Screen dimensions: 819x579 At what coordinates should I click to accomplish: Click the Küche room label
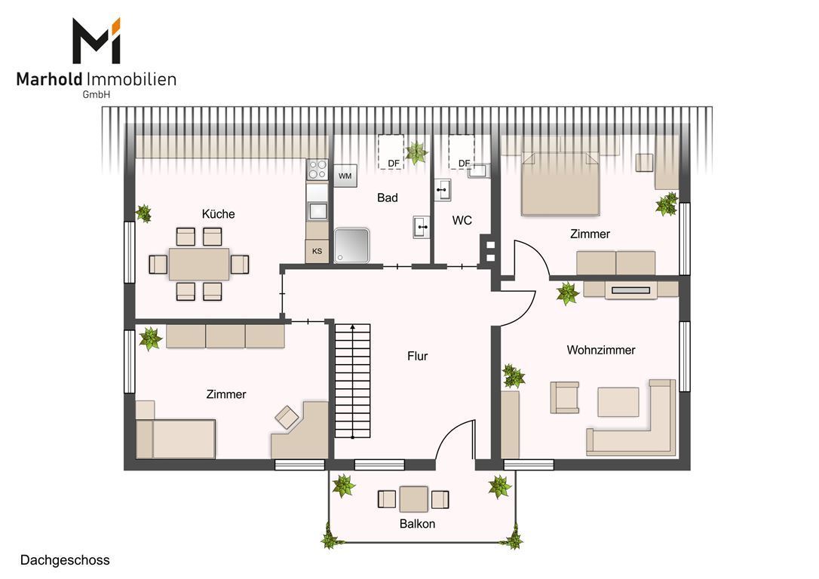[219, 214]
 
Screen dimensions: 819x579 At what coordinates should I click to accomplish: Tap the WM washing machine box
[345, 176]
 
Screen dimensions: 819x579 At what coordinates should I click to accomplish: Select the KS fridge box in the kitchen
[317, 251]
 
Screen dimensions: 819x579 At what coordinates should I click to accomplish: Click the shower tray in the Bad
[352, 245]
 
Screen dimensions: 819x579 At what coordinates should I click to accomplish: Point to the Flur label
[417, 356]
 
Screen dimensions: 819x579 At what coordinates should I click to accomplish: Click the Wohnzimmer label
[600, 351]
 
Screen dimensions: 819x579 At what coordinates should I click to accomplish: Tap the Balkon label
[417, 524]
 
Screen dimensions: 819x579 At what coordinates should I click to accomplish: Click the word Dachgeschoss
[65, 560]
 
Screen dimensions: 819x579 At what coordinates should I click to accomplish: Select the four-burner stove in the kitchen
[317, 170]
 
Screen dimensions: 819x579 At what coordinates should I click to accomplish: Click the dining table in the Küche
[199, 264]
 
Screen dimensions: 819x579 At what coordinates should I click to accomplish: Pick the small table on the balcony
[414, 499]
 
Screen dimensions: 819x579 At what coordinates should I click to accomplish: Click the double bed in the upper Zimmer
[560, 184]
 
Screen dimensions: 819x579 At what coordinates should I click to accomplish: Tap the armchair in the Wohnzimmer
[564, 397]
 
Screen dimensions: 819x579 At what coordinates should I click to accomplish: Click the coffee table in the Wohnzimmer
[618, 402]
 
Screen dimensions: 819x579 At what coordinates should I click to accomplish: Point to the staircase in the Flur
[353, 381]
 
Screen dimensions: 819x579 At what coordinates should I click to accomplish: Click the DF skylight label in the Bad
[394, 164]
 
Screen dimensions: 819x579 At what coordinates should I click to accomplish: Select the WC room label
[462, 221]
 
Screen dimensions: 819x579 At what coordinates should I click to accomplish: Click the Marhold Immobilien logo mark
[97, 41]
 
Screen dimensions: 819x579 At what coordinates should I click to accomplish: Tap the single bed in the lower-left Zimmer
[176, 439]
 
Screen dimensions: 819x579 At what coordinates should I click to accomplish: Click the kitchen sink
[317, 210]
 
